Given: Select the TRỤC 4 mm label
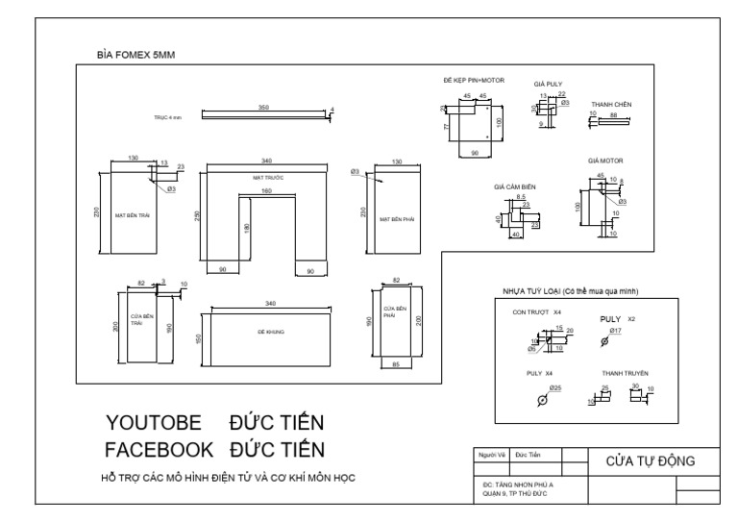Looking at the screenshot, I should [x=167, y=116].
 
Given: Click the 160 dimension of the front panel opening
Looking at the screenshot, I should [x=265, y=190].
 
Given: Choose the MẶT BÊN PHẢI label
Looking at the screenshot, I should [x=396, y=218].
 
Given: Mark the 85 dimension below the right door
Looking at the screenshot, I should [x=395, y=363].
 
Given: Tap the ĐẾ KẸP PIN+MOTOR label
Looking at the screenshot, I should [x=474, y=81].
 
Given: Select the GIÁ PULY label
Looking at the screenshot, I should [x=548, y=85].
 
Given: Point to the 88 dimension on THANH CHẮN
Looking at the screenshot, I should [x=614, y=113].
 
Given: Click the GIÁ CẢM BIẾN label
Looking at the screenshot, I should [x=513, y=186].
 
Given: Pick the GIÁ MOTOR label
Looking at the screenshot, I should [x=605, y=161].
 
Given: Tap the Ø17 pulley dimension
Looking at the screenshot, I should [x=616, y=331].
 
